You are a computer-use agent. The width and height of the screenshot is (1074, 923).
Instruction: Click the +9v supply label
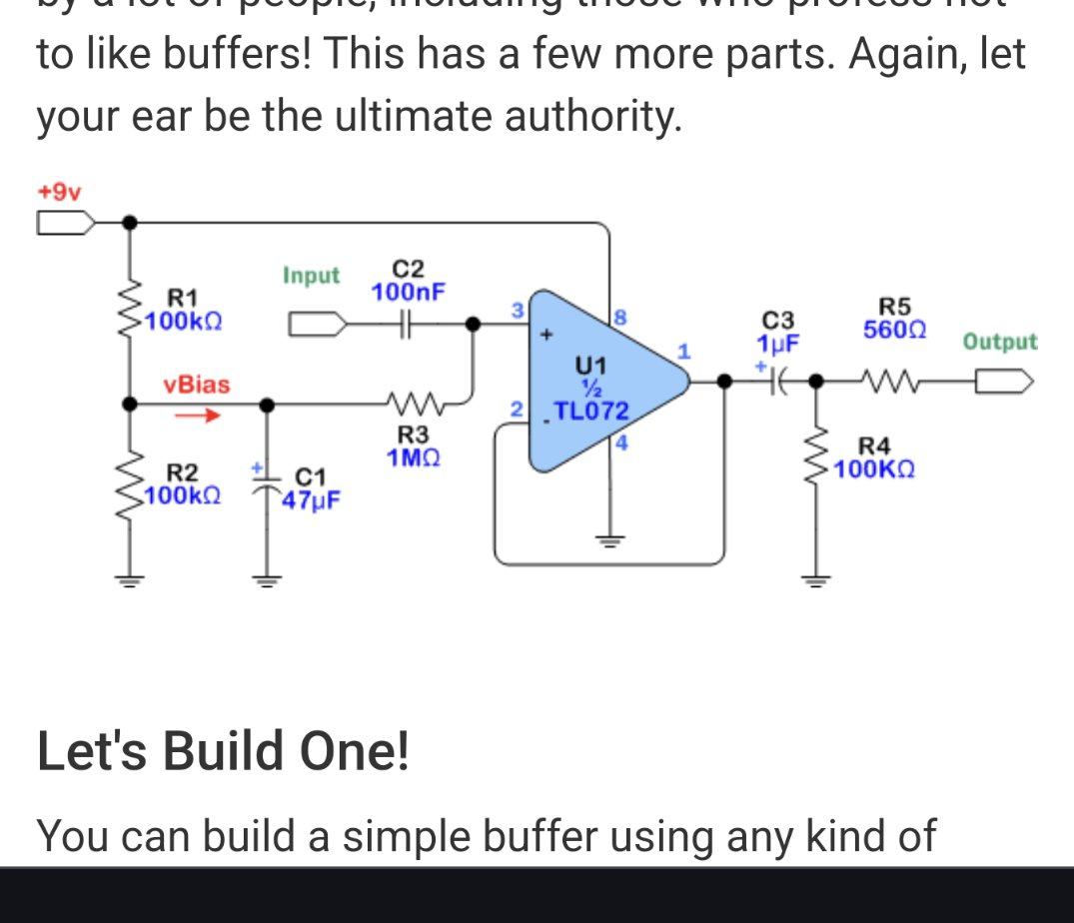click(59, 191)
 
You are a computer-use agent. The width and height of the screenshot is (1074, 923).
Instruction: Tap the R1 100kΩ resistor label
click(183, 310)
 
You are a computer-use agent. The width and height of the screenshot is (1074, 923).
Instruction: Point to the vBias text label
click(197, 385)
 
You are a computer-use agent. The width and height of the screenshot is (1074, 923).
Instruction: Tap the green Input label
click(311, 275)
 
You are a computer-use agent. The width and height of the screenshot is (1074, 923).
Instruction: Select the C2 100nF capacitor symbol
click(409, 324)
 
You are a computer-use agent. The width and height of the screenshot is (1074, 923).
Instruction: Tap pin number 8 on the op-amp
click(619, 318)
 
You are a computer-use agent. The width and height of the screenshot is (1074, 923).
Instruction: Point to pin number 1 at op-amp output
click(684, 352)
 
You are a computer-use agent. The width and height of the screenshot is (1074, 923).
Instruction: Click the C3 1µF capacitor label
click(777, 333)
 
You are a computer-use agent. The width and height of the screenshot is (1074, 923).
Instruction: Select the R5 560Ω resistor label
click(894, 318)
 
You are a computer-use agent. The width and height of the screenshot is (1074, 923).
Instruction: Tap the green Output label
click(1000, 342)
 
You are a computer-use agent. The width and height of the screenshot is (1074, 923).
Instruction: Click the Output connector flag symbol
click(1004, 382)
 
